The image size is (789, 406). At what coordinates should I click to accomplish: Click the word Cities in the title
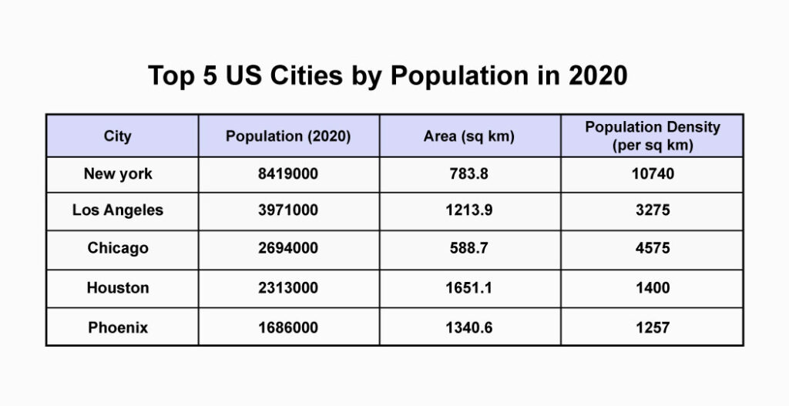[307, 75]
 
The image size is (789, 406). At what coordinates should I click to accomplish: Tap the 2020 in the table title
[598, 75]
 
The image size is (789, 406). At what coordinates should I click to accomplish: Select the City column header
[118, 136]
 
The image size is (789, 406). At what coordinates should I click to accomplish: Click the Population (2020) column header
[288, 136]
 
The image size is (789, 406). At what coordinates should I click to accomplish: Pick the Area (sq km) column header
[469, 136]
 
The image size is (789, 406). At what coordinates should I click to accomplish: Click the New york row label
[118, 174]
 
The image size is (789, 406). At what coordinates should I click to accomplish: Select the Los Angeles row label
[118, 210]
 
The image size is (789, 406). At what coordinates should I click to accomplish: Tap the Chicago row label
[118, 249]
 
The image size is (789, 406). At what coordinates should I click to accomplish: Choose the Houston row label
[118, 288]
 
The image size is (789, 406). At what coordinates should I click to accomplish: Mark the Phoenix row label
[118, 328]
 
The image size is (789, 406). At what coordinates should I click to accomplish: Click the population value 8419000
[288, 174]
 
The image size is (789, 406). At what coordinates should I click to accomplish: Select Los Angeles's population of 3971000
[288, 210]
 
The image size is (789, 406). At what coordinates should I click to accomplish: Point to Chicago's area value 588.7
[469, 249]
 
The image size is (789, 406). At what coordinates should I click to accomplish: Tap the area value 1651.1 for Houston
[469, 288]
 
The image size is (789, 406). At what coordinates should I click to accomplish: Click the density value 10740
[653, 174]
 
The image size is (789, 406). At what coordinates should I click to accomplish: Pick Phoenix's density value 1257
[653, 328]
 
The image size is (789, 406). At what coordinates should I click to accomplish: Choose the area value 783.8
[469, 174]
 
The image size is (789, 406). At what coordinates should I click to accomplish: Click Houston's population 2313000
[288, 288]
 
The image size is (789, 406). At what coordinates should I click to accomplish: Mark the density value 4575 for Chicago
[653, 249]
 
